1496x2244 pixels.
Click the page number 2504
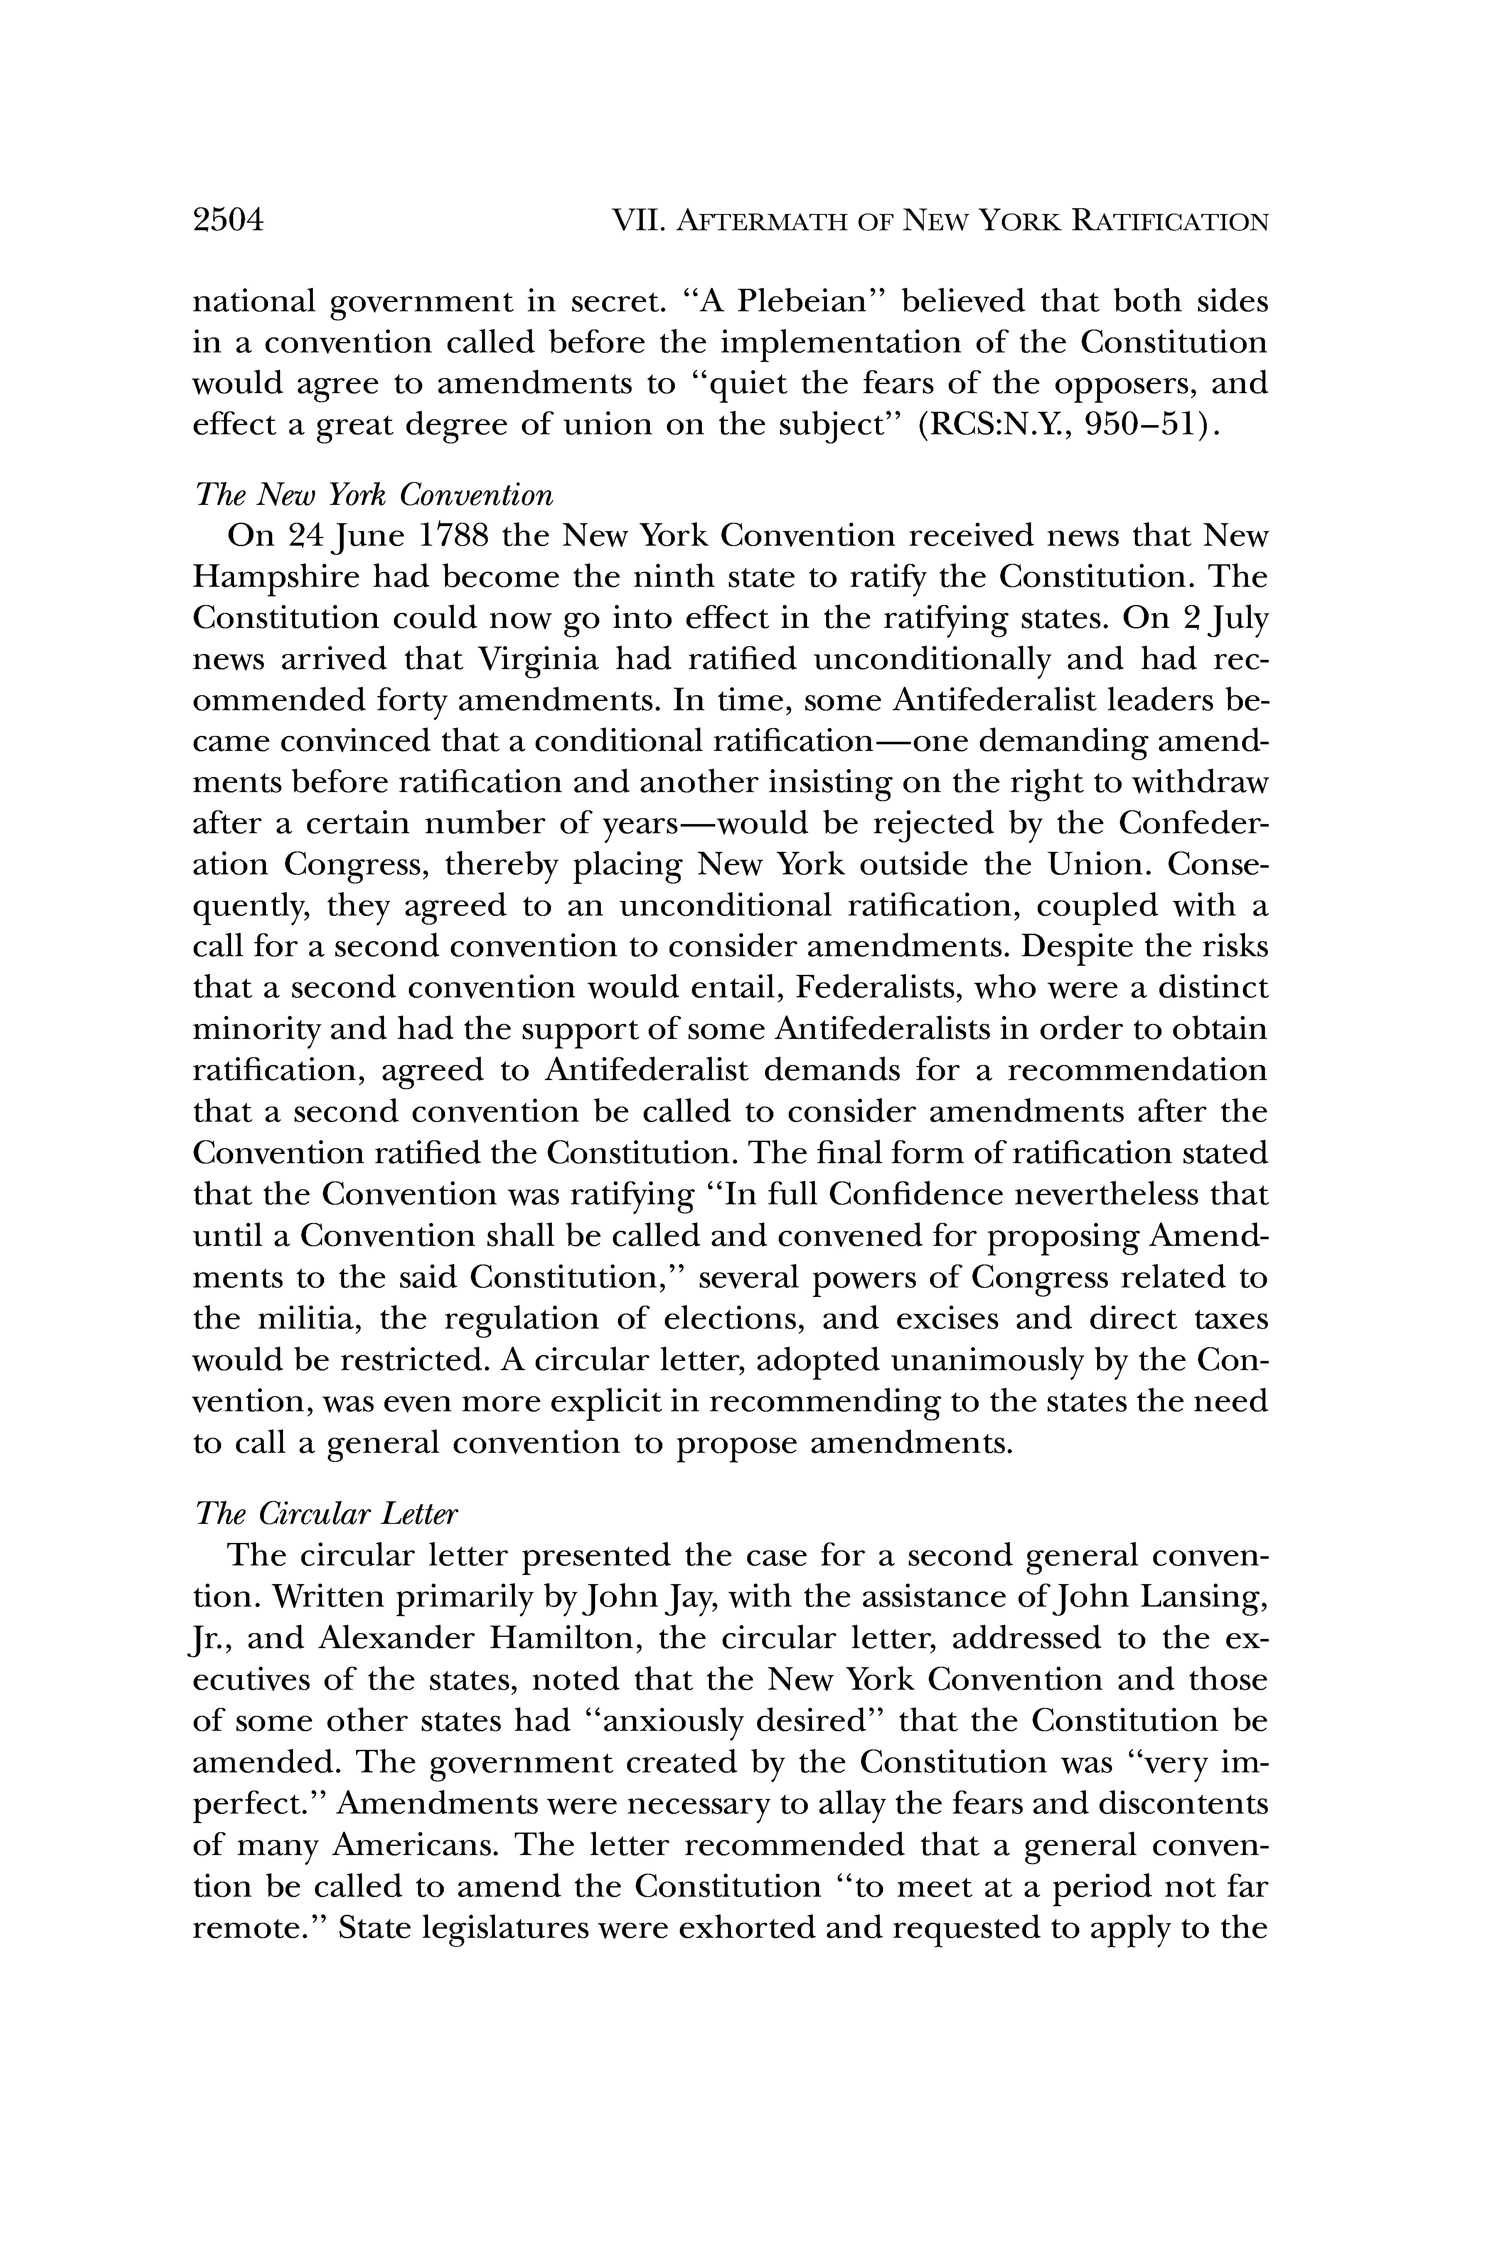pos(227,221)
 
